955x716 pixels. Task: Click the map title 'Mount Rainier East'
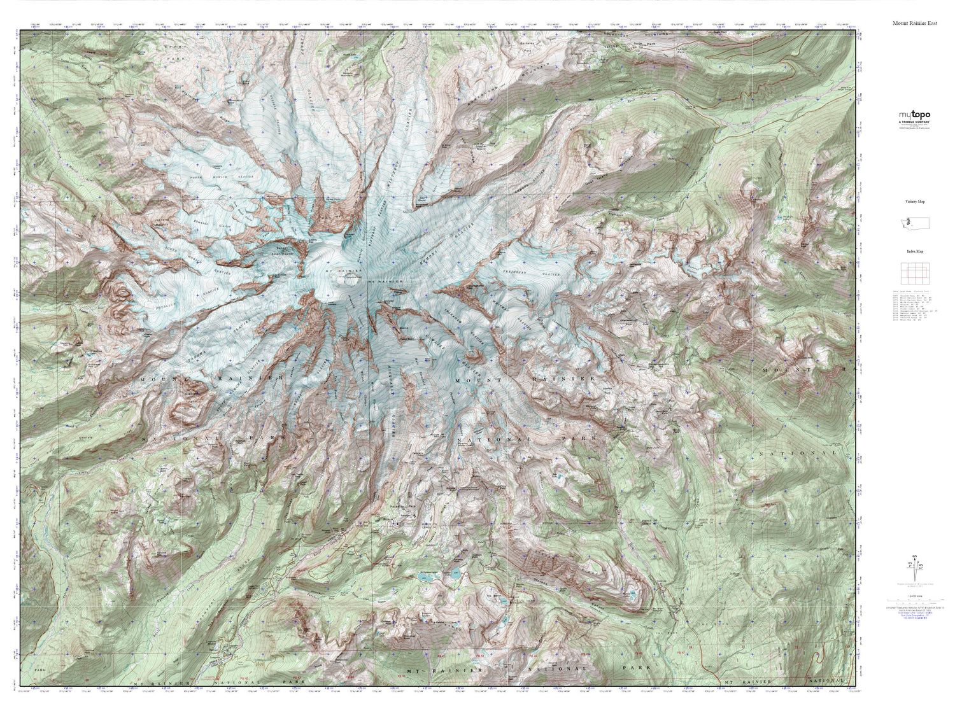click(914, 23)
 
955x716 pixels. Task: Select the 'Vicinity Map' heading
click(915, 201)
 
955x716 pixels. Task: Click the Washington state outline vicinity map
click(914, 223)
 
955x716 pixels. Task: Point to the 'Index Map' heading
click(914, 251)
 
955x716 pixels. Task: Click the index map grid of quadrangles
click(914, 273)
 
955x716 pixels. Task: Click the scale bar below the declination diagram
click(914, 599)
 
